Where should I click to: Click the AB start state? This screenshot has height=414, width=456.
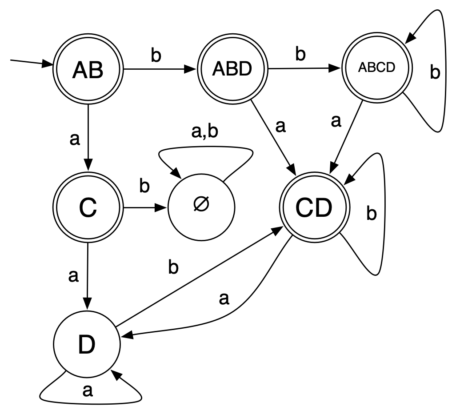pos(88,70)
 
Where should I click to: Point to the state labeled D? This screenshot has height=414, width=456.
pos(87,345)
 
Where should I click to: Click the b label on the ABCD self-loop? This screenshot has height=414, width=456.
pos(435,72)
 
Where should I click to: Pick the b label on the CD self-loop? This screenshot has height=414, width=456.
pos(372,214)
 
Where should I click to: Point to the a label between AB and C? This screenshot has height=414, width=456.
pos(75,139)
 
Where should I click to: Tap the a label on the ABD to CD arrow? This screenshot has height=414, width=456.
pos(280,126)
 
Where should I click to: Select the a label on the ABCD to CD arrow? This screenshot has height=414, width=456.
pos(336,121)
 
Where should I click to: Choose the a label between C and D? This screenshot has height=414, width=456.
pos(74,276)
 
